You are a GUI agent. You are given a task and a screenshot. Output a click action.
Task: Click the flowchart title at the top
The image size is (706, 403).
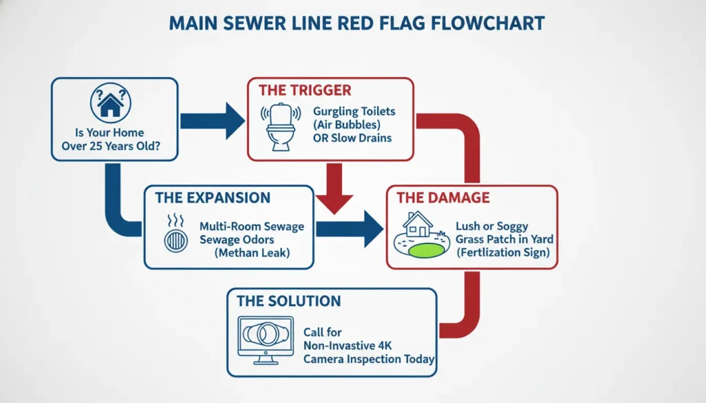click(356, 23)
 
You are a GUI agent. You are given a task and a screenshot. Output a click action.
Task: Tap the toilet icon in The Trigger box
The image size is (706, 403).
click(281, 127)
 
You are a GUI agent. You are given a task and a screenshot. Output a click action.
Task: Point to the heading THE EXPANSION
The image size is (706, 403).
click(212, 198)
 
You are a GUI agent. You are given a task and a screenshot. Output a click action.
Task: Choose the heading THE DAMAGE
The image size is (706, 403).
click(443, 198)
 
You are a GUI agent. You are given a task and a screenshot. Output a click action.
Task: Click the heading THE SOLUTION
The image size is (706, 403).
click(288, 301)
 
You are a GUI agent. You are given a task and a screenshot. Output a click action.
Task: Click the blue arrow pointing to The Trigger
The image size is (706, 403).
click(212, 121)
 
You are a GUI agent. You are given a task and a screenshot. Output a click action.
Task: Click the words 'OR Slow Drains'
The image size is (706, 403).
click(352, 138)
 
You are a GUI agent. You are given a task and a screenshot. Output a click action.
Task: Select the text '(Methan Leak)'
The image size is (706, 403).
click(253, 253)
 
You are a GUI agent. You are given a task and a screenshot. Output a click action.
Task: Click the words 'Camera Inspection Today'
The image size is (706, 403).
click(369, 359)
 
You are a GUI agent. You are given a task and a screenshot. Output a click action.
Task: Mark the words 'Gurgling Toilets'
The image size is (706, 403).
click(354, 110)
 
